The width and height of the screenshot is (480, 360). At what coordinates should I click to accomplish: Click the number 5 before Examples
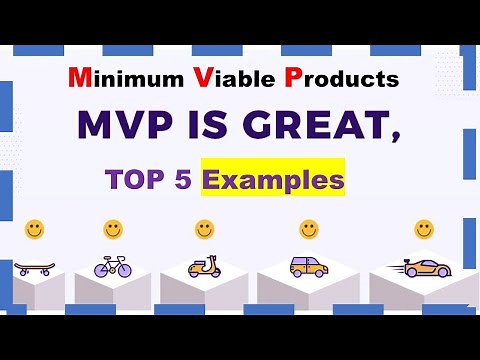click(185, 182)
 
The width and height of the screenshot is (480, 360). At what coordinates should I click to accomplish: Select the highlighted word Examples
click(273, 181)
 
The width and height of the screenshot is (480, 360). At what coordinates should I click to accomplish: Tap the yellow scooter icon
click(204, 267)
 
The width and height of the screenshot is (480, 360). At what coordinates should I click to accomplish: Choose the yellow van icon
click(307, 266)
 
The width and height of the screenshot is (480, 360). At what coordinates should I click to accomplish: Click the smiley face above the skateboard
click(34, 229)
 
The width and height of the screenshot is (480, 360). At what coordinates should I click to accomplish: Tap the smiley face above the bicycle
click(113, 229)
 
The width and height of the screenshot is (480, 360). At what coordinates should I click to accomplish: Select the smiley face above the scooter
click(204, 229)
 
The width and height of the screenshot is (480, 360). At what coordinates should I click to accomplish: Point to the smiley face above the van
click(309, 229)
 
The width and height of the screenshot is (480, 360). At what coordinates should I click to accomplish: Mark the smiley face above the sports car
click(424, 229)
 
